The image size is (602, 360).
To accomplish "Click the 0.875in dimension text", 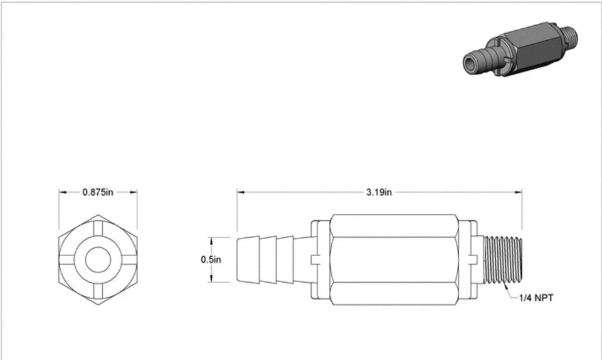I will pos(98,192).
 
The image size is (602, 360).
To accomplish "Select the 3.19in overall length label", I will pos(379,192).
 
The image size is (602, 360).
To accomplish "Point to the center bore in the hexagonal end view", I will pos(98,260).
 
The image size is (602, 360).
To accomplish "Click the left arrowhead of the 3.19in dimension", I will pos(240,192).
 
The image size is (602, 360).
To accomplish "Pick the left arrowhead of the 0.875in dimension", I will pos(62,192).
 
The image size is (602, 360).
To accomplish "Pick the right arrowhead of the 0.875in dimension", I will pos(134,192).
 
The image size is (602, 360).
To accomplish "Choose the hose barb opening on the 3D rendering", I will pos(470,63).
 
